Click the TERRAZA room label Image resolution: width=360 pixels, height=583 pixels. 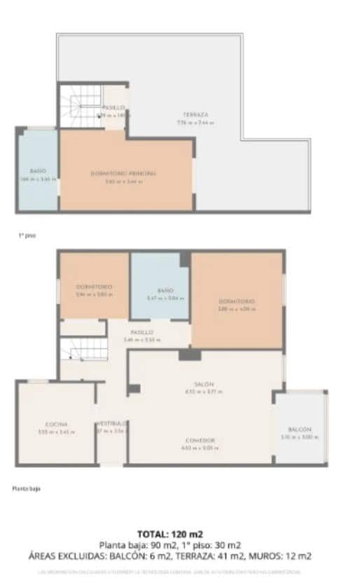(x=196, y=114)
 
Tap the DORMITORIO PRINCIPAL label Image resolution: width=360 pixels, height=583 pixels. (x=123, y=173)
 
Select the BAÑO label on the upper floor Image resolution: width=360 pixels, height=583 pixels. (x=37, y=171)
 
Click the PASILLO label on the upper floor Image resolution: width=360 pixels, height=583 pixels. (x=113, y=107)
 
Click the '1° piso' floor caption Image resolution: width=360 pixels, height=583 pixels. (x=27, y=236)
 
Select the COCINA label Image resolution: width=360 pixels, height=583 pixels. (x=56, y=425)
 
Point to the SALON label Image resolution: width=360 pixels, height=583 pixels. (x=204, y=384)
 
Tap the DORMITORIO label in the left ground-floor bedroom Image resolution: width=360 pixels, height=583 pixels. (x=94, y=287)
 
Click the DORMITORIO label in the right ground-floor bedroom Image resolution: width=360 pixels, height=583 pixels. (x=237, y=301)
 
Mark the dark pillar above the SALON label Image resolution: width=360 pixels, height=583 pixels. (x=189, y=355)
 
